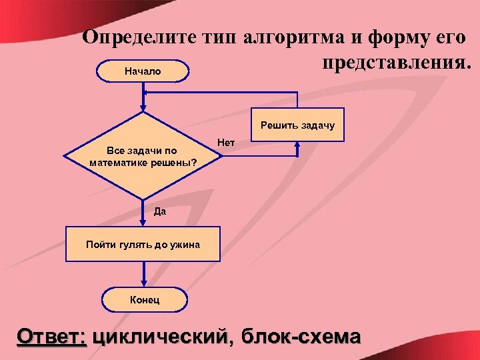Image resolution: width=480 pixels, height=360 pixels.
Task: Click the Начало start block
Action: pos(143,71)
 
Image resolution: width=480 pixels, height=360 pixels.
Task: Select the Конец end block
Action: pos(144,300)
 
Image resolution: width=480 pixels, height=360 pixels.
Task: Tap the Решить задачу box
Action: pos(297,125)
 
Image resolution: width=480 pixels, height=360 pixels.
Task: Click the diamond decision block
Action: pos(143,156)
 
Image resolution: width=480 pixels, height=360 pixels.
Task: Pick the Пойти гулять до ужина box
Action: pos(143,245)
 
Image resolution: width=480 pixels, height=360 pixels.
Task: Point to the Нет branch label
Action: pos(226,141)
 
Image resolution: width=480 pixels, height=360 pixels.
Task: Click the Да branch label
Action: pos(159,212)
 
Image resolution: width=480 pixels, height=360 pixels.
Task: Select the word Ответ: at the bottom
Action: pos(52,335)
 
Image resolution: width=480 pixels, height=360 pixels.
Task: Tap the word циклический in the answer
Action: pos(164,335)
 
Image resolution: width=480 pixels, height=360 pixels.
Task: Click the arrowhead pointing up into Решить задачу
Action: pos(297,145)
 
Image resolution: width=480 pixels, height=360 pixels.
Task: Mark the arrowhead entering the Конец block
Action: pos(143,285)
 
